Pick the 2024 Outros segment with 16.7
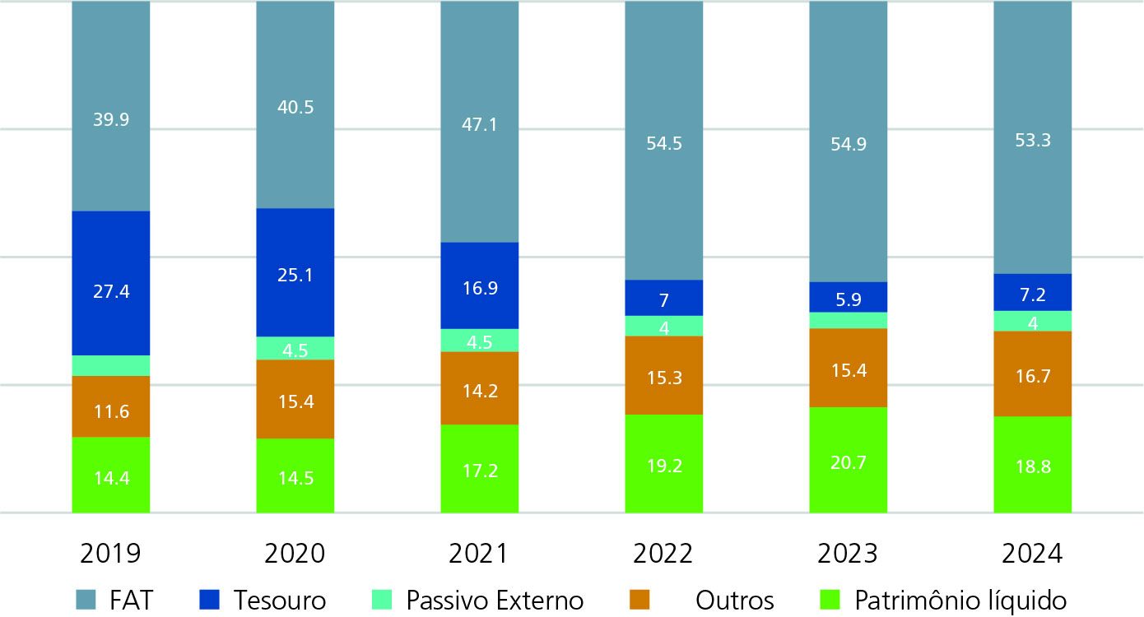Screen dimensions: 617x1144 point(1032,373)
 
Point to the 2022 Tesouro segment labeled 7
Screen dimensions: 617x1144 point(663,298)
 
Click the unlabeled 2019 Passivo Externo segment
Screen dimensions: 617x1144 point(110,365)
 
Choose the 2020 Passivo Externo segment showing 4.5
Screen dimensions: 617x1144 point(295,348)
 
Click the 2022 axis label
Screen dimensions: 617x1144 point(663,554)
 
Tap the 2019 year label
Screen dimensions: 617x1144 point(110,554)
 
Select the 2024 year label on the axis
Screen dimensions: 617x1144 point(1032,554)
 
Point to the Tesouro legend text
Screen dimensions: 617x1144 point(279,600)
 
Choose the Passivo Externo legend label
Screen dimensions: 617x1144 point(495,600)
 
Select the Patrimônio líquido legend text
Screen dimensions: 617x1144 point(960,600)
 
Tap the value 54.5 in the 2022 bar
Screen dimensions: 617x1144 point(663,143)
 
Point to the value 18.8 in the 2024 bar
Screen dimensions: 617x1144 point(1032,465)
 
